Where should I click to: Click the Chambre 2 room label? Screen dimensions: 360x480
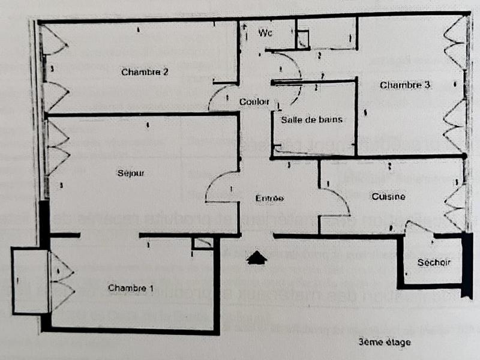pos(145,72)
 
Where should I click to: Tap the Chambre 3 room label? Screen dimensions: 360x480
pos(405,85)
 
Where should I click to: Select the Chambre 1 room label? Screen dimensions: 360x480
pos(131,289)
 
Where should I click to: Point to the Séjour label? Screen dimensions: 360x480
pos(131,173)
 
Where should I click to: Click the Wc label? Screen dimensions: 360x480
pos(265,33)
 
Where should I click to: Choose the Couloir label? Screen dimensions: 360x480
pos(254,101)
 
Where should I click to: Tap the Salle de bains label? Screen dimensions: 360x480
pos(311,119)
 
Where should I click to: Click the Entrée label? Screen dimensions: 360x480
pos(269,198)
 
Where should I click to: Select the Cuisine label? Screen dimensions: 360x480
pos(388,196)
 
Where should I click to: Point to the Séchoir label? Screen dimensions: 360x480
pos(434,262)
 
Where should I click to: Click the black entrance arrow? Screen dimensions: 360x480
pos(257,257)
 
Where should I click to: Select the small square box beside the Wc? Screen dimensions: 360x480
pos(303,40)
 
